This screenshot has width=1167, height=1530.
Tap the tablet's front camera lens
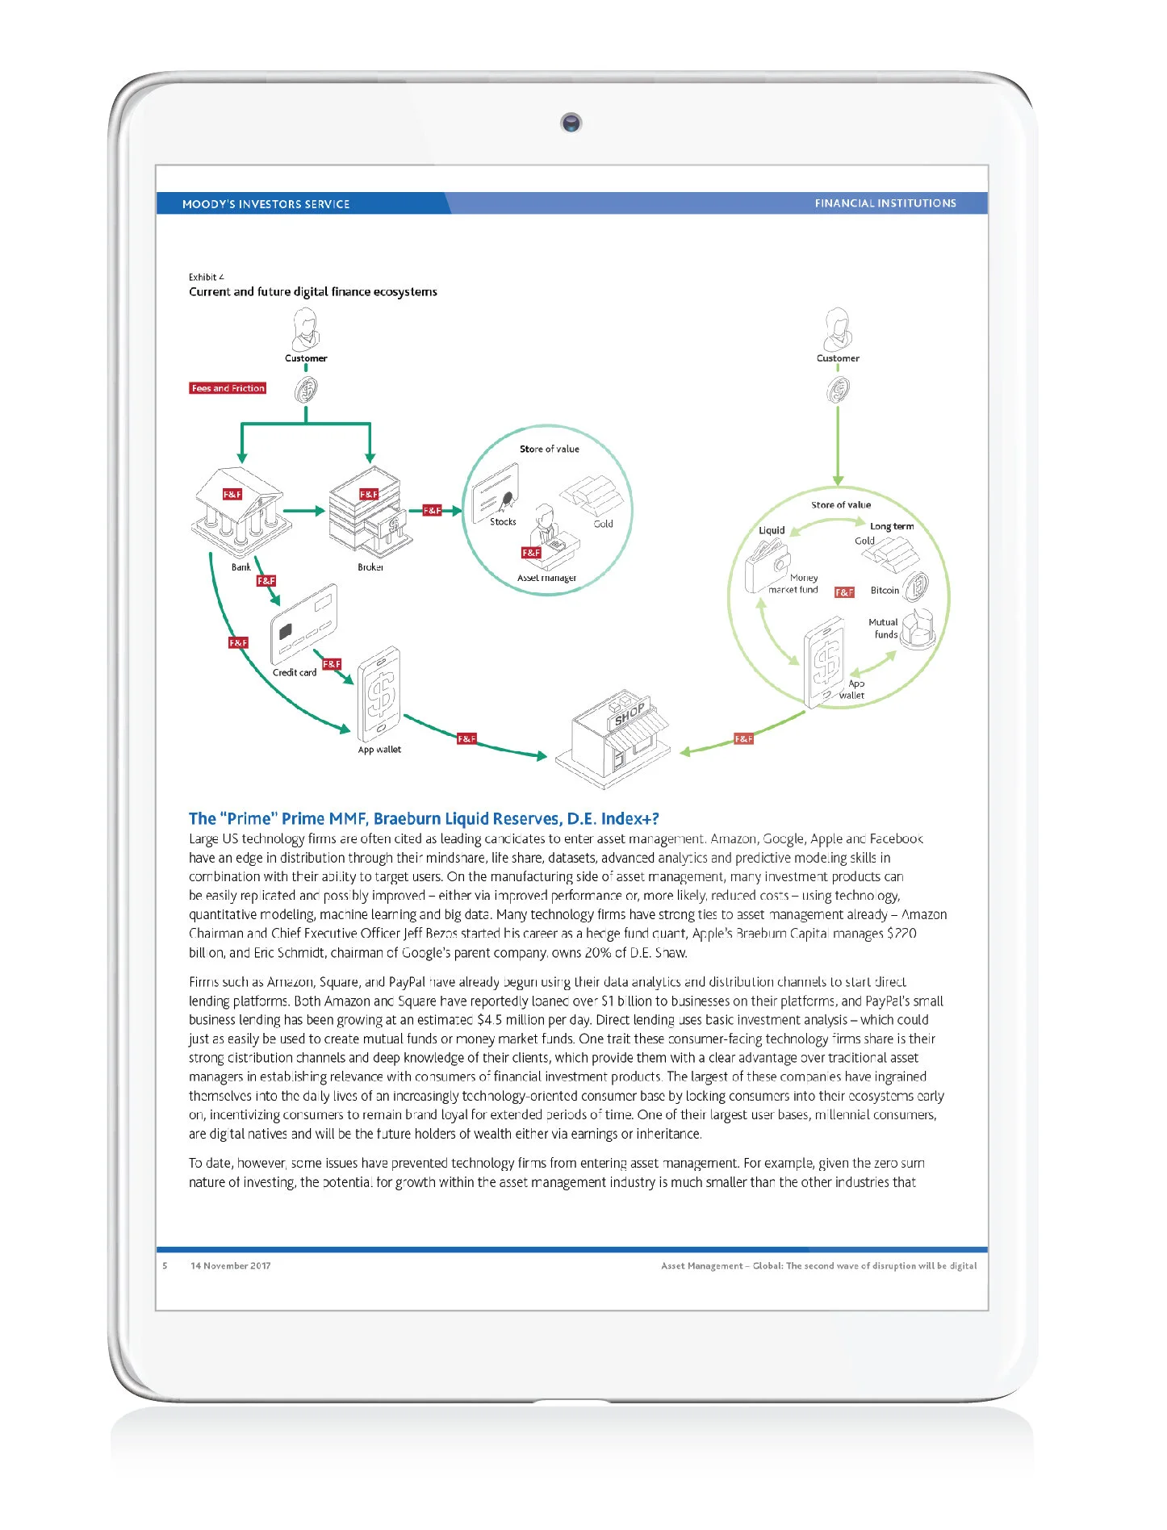(571, 123)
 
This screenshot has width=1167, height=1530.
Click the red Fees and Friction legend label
(228, 388)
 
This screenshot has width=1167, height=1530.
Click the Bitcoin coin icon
(915, 587)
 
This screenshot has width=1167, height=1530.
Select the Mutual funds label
(883, 629)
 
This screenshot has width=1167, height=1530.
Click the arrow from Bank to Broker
(304, 511)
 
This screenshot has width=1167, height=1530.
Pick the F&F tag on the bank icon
(232, 494)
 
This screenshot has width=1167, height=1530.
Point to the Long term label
(892, 526)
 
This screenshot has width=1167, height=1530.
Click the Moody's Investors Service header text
(266, 204)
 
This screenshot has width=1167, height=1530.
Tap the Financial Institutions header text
(885, 203)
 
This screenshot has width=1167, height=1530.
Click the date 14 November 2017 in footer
(231, 1265)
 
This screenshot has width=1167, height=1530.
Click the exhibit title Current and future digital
(313, 291)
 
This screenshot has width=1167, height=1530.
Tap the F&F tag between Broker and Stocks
(433, 510)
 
